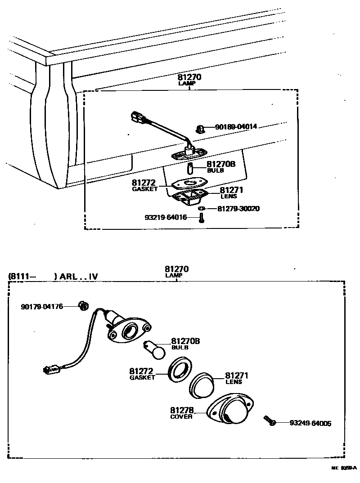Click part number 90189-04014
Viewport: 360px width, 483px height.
pos(236,127)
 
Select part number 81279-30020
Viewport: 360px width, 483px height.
pos(238,209)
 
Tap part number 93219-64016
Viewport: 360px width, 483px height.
pos(166,218)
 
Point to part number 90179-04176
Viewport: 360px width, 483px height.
pos(42,307)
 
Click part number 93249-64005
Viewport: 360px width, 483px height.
pos(310,423)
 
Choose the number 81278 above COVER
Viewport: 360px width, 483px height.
pos(182,410)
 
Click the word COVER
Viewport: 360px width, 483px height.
pos(181,416)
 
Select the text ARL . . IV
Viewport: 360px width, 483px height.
pos(76,277)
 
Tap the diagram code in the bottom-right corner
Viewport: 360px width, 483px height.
pos(344,468)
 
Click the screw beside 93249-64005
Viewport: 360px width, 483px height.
pos(270,421)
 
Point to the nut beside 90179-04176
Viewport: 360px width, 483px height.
pos(82,306)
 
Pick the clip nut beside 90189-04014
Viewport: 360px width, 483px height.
pos(201,130)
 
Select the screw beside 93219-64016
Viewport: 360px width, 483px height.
pos(201,219)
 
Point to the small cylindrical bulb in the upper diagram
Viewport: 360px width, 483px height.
pos(190,170)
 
